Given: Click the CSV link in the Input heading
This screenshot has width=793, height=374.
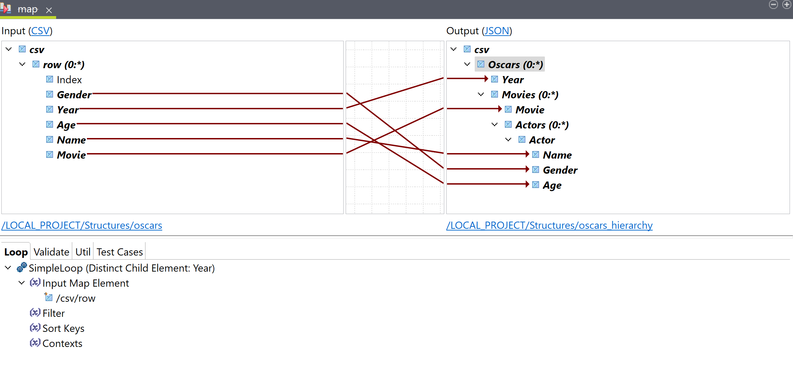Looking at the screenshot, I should [40, 31].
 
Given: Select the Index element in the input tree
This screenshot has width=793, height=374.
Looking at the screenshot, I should [69, 80].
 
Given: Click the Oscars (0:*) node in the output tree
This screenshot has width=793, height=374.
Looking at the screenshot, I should [515, 65].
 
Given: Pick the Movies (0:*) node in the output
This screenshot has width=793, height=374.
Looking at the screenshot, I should [530, 95].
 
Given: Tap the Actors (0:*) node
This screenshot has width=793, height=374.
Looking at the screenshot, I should [542, 125].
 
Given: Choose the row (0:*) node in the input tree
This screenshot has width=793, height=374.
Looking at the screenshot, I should [64, 65].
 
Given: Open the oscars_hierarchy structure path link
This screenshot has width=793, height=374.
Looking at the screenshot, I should [549, 225].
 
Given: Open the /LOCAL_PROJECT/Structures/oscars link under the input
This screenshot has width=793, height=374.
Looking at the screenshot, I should [82, 225].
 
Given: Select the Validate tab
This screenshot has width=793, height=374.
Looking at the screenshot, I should [51, 252].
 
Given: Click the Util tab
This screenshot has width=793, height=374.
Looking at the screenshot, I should [83, 252].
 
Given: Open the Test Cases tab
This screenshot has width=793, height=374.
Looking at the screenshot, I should [119, 252].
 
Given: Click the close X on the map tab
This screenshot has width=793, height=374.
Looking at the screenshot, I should [49, 10].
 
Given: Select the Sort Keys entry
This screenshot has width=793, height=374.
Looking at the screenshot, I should [63, 328].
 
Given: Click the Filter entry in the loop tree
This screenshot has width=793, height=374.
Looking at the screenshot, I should [53, 313].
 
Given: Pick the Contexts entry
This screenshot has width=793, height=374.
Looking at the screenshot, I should [62, 344].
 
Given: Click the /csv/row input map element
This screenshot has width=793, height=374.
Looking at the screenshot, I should [76, 298].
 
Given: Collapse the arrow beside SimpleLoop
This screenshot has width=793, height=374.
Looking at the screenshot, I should [8, 268].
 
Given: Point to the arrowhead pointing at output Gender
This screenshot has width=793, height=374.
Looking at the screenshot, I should [527, 169].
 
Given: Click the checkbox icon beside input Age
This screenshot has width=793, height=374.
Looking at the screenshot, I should [50, 125].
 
